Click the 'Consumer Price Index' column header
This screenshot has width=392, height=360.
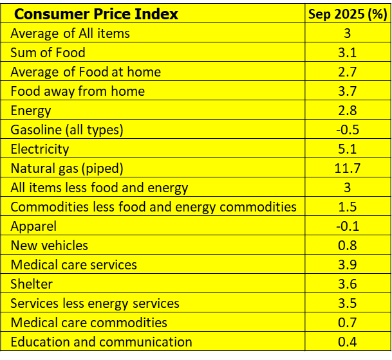(97, 14)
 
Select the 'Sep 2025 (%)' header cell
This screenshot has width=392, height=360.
(347, 14)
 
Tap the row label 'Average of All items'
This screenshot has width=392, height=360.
(70, 33)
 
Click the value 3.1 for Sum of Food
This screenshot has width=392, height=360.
(347, 53)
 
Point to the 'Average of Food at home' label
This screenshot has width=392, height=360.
(86, 72)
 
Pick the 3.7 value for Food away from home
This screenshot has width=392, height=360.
(347, 91)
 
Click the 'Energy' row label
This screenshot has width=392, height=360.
(31, 111)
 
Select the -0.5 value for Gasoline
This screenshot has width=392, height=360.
(347, 130)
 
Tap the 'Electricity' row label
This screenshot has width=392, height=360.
(40, 149)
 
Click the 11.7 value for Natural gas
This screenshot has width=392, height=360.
(347, 168)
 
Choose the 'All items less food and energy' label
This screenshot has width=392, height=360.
(99, 188)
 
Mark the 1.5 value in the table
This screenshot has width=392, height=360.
(347, 207)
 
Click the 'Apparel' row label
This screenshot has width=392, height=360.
(33, 226)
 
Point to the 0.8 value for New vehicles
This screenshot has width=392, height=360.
(347, 246)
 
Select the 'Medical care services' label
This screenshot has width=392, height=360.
(74, 265)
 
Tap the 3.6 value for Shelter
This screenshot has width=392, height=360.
(347, 284)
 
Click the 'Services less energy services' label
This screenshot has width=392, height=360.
(95, 303)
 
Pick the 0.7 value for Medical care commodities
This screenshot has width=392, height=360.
(347, 323)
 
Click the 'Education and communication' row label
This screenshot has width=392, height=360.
(101, 342)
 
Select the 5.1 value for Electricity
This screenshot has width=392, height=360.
(347, 149)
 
